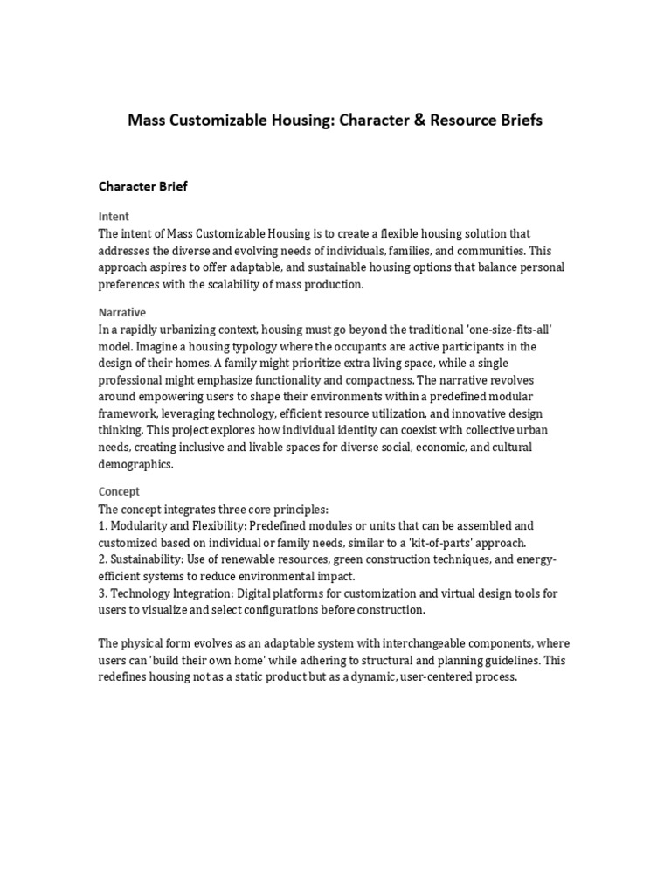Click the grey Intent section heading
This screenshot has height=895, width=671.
[x=114, y=216]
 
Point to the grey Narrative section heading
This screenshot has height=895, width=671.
[x=122, y=312]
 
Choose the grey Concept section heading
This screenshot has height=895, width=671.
[x=119, y=491]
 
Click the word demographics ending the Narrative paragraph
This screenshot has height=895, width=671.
[x=136, y=465]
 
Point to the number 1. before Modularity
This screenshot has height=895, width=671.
[x=103, y=526]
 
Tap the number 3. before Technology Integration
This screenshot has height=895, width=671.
[x=103, y=593]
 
